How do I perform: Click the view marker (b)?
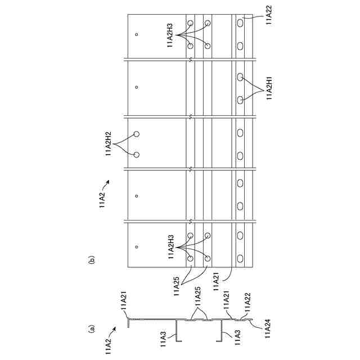click(90, 260)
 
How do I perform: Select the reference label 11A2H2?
click(109, 144)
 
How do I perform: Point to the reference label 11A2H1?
click(269, 87)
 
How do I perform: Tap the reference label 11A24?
click(264, 327)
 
